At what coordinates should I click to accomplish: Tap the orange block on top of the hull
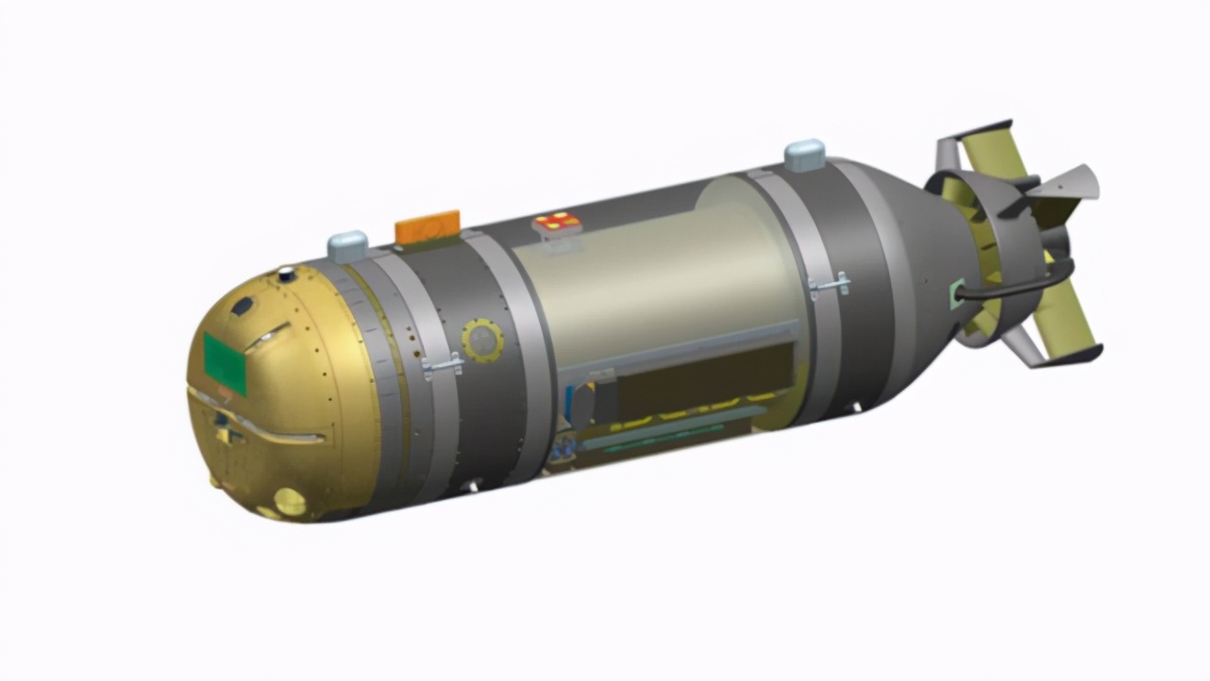click(x=428, y=227)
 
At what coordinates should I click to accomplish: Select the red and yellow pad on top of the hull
click(x=557, y=223)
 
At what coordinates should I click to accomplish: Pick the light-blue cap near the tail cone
click(x=805, y=155)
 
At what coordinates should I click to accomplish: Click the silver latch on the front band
click(x=442, y=366)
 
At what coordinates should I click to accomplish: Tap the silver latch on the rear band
click(x=830, y=284)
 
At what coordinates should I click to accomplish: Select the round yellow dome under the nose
click(x=290, y=502)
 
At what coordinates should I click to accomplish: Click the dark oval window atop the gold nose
click(x=243, y=307)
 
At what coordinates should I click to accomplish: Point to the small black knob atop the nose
click(x=286, y=275)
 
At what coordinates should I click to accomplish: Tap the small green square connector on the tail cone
click(x=957, y=293)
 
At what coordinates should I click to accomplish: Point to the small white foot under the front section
click(x=471, y=488)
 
